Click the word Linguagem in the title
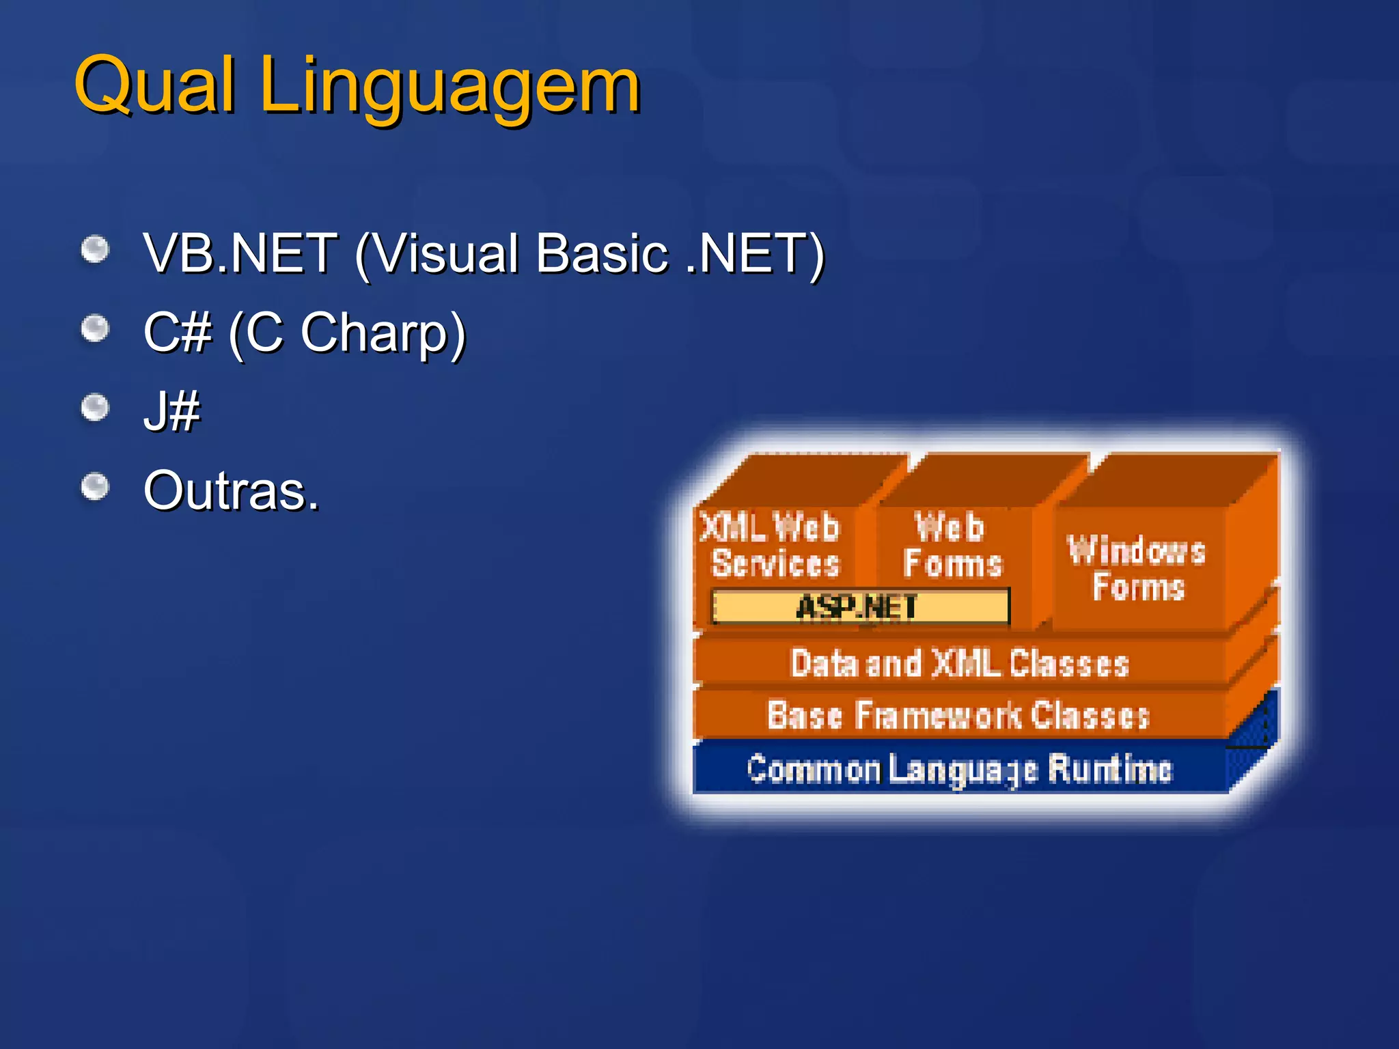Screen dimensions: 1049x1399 (x=449, y=87)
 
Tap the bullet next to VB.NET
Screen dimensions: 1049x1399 (x=95, y=249)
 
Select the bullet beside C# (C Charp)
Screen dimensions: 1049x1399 (x=95, y=329)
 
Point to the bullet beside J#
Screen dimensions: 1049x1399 (x=95, y=408)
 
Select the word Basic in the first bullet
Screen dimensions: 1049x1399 (x=601, y=253)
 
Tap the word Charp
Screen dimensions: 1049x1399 (x=383, y=333)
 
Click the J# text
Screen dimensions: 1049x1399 (x=171, y=412)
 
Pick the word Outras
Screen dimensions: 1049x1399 (x=231, y=491)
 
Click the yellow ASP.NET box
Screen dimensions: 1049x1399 (x=859, y=606)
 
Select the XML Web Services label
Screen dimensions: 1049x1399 (x=773, y=545)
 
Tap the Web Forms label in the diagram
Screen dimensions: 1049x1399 (x=952, y=545)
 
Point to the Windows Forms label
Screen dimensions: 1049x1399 (x=1137, y=568)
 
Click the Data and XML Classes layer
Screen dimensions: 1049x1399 (x=958, y=663)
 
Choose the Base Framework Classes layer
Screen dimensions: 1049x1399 (x=958, y=715)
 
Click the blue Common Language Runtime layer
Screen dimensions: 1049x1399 (x=958, y=769)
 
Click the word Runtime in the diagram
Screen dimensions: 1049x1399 (x=1109, y=769)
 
